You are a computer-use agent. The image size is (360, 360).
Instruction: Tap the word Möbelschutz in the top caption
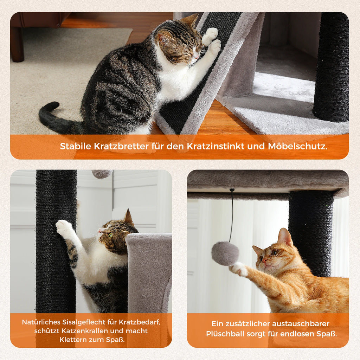tap(297, 146)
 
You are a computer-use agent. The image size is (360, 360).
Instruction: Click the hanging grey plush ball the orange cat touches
tap(225, 253)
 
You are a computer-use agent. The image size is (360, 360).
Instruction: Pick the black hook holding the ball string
tap(232, 190)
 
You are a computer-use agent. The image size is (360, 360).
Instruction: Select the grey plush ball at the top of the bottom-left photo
tap(102, 174)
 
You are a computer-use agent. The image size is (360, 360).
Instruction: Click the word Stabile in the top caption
tap(76, 146)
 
